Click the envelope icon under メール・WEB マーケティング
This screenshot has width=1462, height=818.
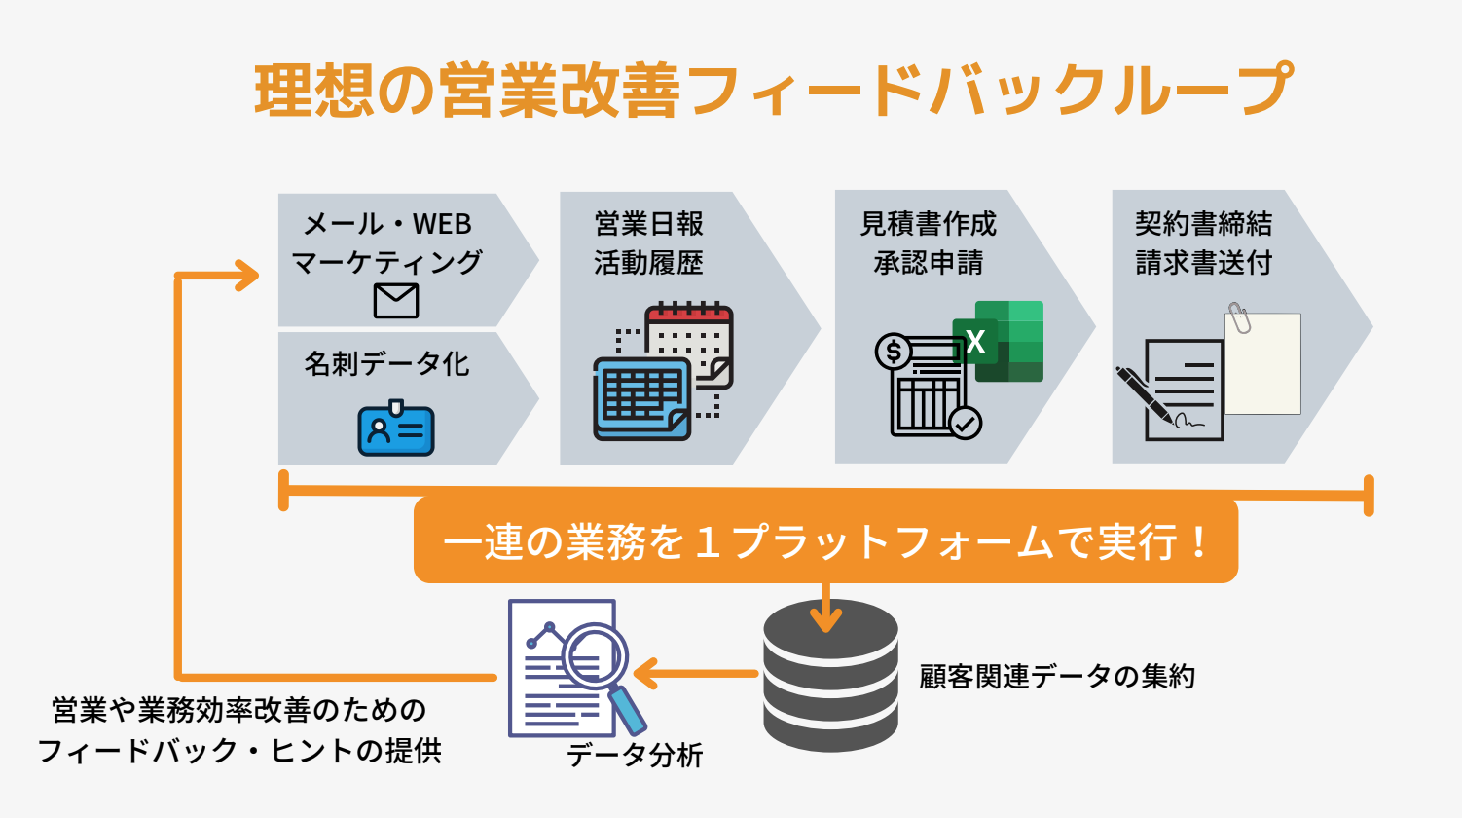click(396, 301)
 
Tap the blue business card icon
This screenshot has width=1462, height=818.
click(396, 428)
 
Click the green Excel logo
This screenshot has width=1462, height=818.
click(998, 342)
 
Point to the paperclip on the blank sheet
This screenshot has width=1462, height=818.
click(1239, 317)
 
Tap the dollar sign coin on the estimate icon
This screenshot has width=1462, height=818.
click(893, 352)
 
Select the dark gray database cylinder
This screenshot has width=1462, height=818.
click(830, 675)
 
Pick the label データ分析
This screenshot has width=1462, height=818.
click(635, 756)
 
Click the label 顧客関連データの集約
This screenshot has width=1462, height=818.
click(1057, 677)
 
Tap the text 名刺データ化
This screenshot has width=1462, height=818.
click(387, 363)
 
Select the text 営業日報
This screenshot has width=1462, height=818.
click(649, 224)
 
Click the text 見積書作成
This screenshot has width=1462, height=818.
click(929, 224)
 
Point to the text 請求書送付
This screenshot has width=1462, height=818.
click(1204, 263)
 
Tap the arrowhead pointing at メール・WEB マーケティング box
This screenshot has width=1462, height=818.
click(247, 276)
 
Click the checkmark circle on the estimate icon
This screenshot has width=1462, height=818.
click(966, 423)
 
